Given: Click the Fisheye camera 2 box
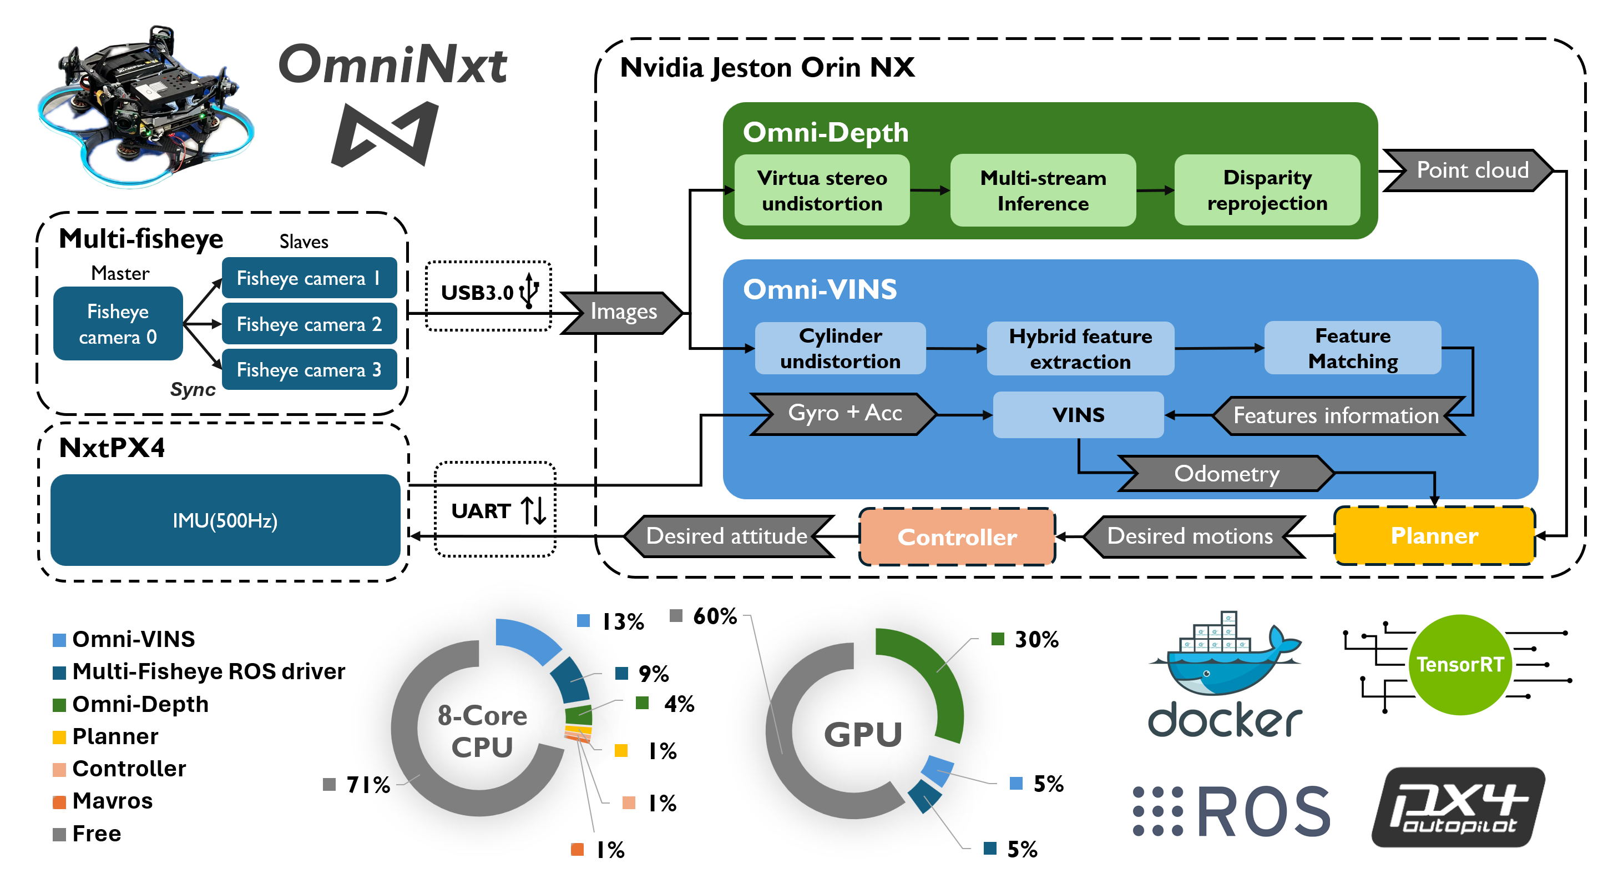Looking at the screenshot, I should (x=309, y=324).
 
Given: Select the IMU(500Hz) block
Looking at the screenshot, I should (x=225, y=520).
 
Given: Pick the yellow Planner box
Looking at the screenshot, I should (x=1434, y=535).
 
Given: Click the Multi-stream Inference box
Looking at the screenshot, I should (x=1043, y=190).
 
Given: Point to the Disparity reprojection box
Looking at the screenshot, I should (x=1267, y=190).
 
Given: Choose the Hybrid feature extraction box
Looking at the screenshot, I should (x=1080, y=349).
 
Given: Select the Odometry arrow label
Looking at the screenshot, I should (x=1226, y=474).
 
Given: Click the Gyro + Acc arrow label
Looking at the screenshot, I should (x=845, y=413).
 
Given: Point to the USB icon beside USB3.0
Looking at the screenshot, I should (x=529, y=290).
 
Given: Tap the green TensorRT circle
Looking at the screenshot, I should (x=1459, y=664).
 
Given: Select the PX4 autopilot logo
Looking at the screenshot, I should (x=1458, y=807).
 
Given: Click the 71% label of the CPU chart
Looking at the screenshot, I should (x=368, y=785).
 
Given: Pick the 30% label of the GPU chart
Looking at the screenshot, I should (x=1036, y=640).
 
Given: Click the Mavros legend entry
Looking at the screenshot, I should (x=112, y=801).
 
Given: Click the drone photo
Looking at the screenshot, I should (x=146, y=106).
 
